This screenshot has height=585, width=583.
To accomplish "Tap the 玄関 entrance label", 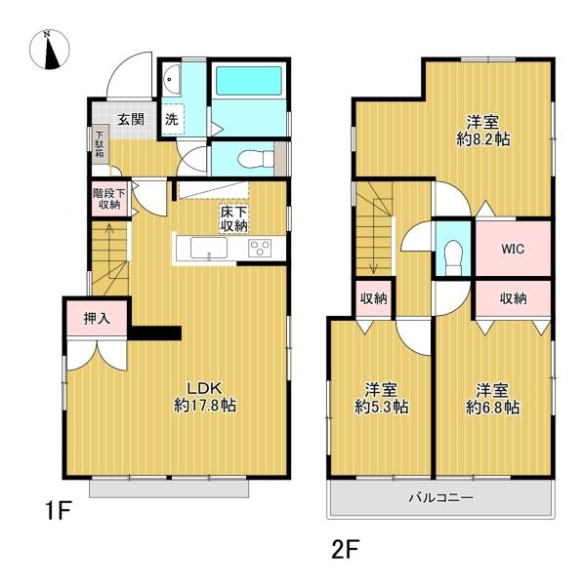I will coord(132,120).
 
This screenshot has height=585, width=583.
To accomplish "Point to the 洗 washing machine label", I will coord(171,120).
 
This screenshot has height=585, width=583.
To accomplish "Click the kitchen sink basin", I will coord(209,249).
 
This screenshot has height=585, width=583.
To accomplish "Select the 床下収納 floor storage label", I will coord(233,218).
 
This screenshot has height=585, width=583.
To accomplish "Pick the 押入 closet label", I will coord(95,317).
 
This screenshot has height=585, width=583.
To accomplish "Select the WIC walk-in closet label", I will coord(513,249).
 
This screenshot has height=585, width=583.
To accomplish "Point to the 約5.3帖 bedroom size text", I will coord(381,407).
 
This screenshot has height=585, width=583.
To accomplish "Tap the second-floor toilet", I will coord(452,255).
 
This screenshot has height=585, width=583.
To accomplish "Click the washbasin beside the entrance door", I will coord(169,77).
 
